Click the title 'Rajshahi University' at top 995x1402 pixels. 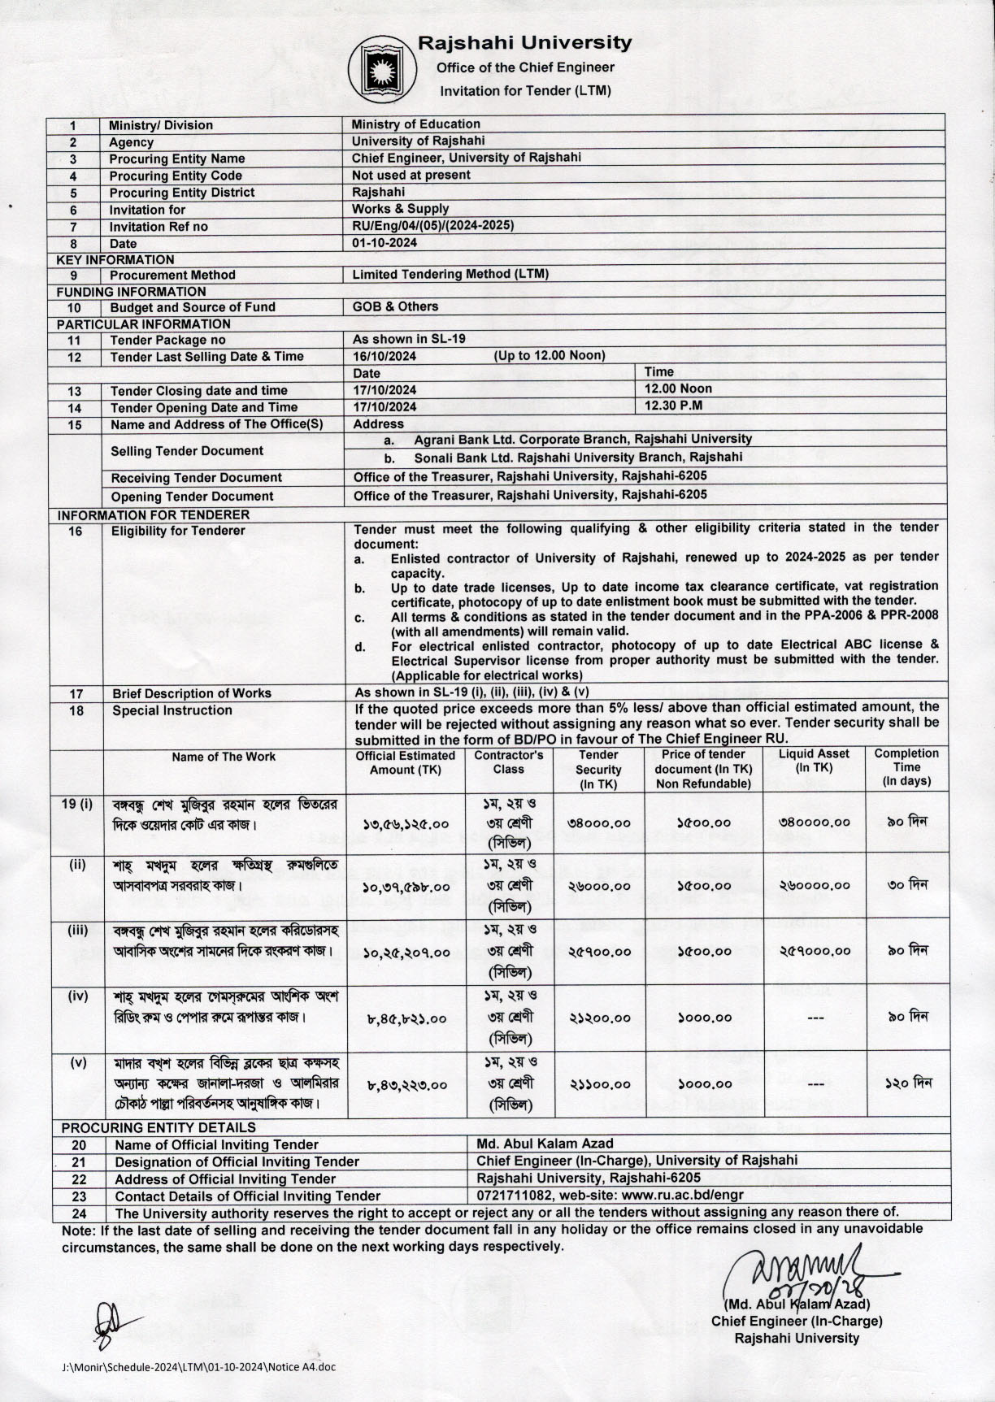tap(524, 42)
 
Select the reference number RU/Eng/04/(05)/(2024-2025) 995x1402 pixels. tap(432, 226)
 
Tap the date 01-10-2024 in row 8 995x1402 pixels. tap(385, 243)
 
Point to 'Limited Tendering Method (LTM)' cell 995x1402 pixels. tap(450, 275)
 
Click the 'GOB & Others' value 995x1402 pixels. tap(395, 306)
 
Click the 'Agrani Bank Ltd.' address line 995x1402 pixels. tap(583, 439)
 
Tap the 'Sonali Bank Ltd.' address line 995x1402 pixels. tap(578, 457)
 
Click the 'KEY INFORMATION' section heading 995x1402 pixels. tap(115, 259)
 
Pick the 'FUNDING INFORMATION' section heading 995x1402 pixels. tap(131, 291)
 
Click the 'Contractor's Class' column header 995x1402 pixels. tap(509, 762)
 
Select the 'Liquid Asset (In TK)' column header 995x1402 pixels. tap(814, 760)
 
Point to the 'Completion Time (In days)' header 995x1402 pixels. tap(906, 767)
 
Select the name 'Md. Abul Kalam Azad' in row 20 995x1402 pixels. tap(545, 1144)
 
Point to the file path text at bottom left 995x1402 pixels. tap(198, 1366)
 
